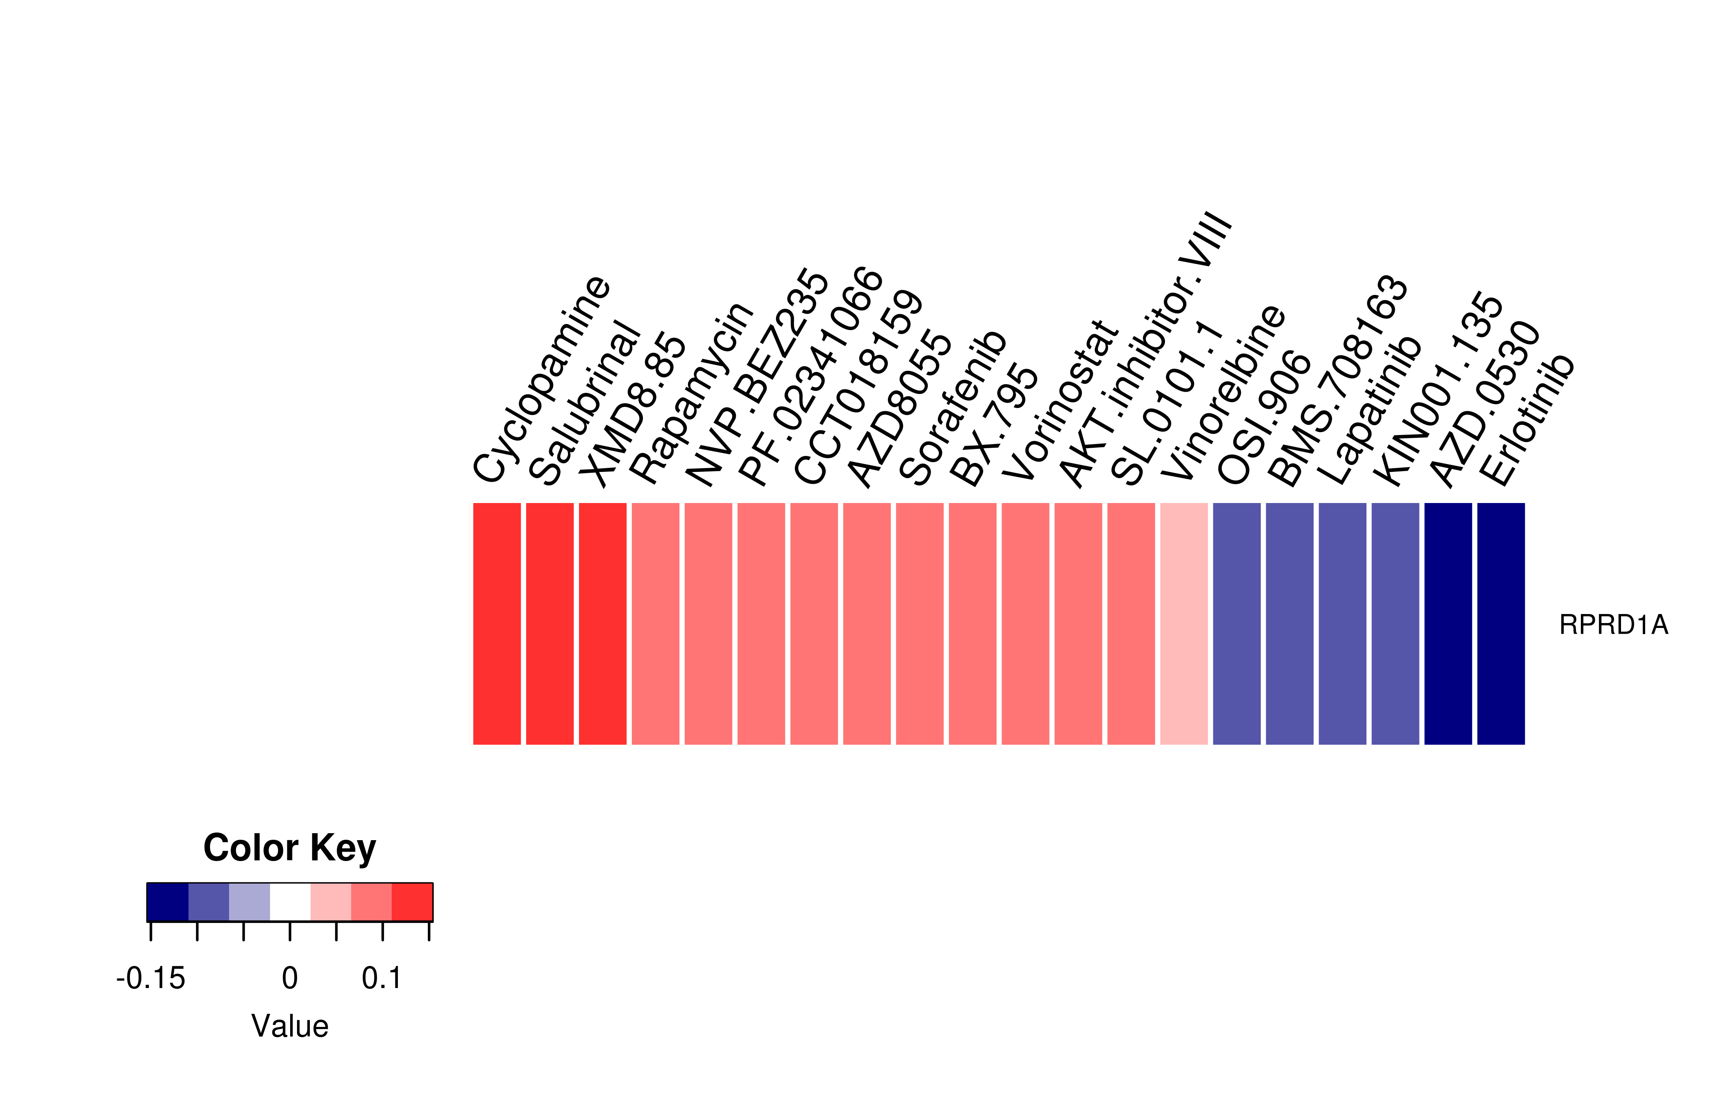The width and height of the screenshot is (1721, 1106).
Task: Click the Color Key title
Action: point(289,848)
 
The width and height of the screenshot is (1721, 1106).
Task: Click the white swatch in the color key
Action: point(290,902)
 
